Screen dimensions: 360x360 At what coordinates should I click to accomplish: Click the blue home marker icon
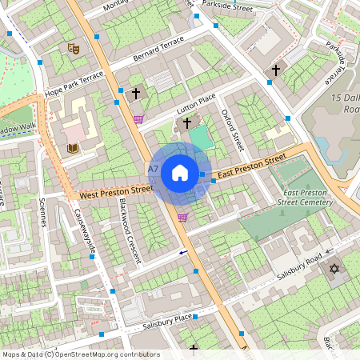click(x=180, y=172)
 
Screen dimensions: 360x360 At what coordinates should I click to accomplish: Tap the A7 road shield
click(x=154, y=169)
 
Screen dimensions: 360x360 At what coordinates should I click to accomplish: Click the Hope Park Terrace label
click(x=74, y=83)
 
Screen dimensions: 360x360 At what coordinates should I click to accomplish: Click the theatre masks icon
click(x=74, y=48)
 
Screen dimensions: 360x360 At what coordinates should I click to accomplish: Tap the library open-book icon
click(x=72, y=148)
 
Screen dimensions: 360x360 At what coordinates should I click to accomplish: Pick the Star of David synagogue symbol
click(x=334, y=268)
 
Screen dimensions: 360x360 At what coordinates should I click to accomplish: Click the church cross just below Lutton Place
click(x=187, y=122)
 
